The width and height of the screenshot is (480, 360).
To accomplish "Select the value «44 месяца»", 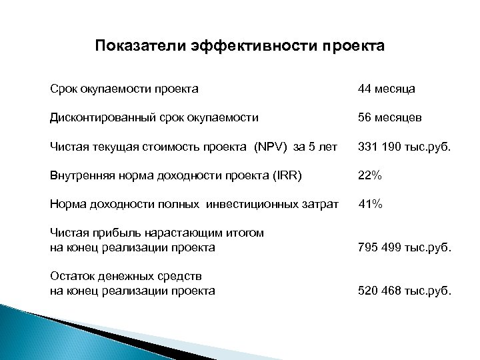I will (x=387, y=88).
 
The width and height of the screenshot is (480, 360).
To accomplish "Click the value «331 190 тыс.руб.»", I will (x=404, y=146).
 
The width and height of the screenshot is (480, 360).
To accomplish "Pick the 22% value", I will (x=370, y=175).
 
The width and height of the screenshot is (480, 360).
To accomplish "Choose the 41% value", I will (x=371, y=205).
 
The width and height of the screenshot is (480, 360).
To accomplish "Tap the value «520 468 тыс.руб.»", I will (x=404, y=291).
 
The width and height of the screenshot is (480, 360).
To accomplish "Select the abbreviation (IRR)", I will (x=285, y=175).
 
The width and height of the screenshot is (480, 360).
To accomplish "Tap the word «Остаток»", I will (x=71, y=276).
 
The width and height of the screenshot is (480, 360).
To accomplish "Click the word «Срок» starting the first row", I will (x=63, y=88).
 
